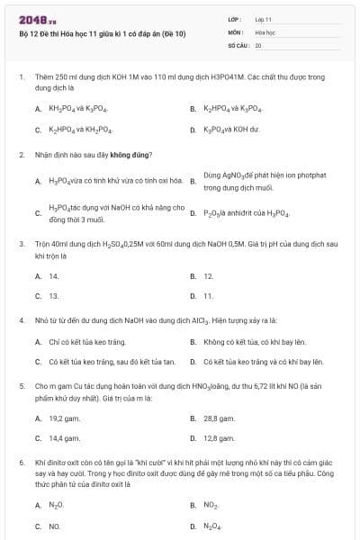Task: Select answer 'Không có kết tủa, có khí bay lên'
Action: pos(255,342)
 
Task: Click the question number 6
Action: pos(21,461)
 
